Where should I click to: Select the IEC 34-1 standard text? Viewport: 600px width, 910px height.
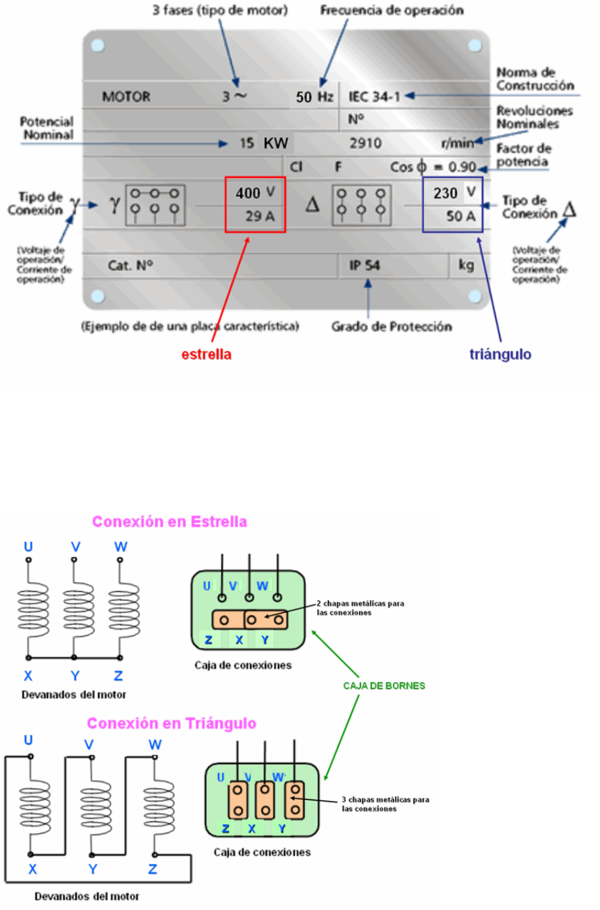pos(374,97)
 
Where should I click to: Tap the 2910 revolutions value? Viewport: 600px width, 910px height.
pos(365,144)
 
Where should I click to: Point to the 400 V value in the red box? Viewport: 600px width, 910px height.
pos(253,192)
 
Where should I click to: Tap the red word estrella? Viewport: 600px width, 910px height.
pos(206,355)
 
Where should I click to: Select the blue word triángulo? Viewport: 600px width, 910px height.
pos(501,355)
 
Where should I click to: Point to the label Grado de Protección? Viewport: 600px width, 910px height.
pos(392,327)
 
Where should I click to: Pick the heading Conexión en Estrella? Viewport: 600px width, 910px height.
pos(170,522)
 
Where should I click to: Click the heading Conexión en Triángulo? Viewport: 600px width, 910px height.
pos(171,723)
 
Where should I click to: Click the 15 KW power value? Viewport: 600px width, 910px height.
pos(264,144)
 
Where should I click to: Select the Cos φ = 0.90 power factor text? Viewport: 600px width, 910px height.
pos(433,168)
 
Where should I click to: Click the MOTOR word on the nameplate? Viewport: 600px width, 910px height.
pos(126,98)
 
